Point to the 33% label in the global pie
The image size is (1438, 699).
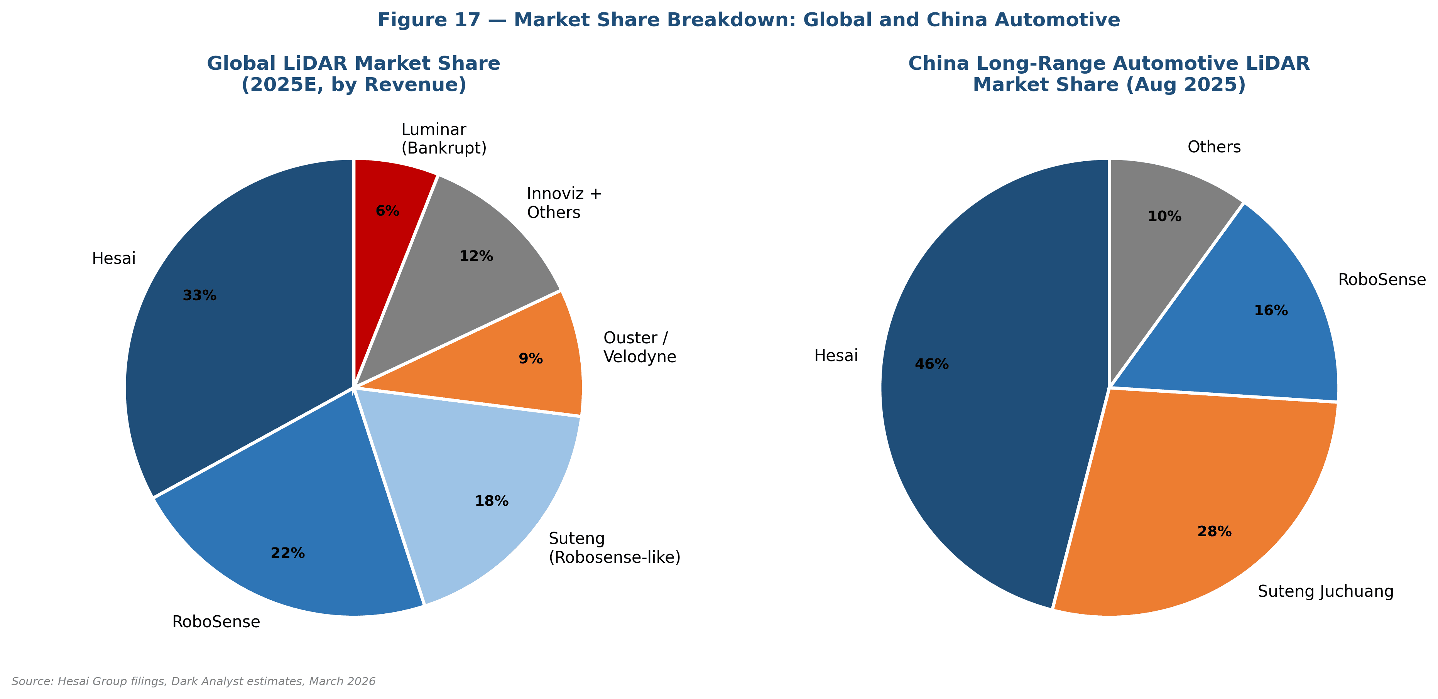point(199,295)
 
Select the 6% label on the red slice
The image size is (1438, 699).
point(387,211)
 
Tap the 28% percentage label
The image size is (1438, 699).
point(1214,532)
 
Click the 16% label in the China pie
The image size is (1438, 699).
point(1271,311)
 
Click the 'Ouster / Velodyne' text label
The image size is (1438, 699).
point(640,347)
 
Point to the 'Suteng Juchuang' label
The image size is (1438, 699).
point(1326,591)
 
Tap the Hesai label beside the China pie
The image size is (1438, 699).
point(836,356)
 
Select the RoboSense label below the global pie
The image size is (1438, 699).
point(216,621)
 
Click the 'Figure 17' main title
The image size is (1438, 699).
point(749,20)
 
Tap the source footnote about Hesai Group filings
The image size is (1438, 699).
point(193,681)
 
